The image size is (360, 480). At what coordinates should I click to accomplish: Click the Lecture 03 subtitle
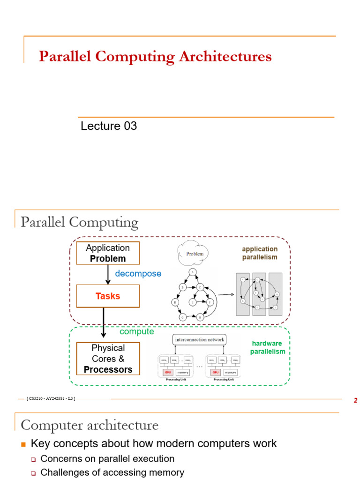[109, 126]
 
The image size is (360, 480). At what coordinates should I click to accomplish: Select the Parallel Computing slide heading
[79, 222]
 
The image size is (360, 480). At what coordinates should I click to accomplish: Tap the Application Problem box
[108, 253]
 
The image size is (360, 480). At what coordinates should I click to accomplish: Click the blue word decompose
[138, 273]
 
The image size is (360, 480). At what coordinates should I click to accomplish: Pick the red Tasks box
[108, 296]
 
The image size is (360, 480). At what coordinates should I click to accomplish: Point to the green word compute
[136, 331]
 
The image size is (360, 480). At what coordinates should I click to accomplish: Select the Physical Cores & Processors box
[108, 359]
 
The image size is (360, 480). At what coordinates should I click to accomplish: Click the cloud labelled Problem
[195, 254]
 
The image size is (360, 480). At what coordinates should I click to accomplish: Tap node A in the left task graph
[192, 272]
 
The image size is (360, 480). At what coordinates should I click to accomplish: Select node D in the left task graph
[175, 302]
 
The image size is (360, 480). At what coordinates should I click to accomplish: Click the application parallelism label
[260, 253]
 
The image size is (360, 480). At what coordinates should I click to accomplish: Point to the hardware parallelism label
[267, 347]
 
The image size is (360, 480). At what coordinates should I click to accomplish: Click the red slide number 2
[355, 401]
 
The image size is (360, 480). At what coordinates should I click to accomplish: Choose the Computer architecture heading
[90, 425]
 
